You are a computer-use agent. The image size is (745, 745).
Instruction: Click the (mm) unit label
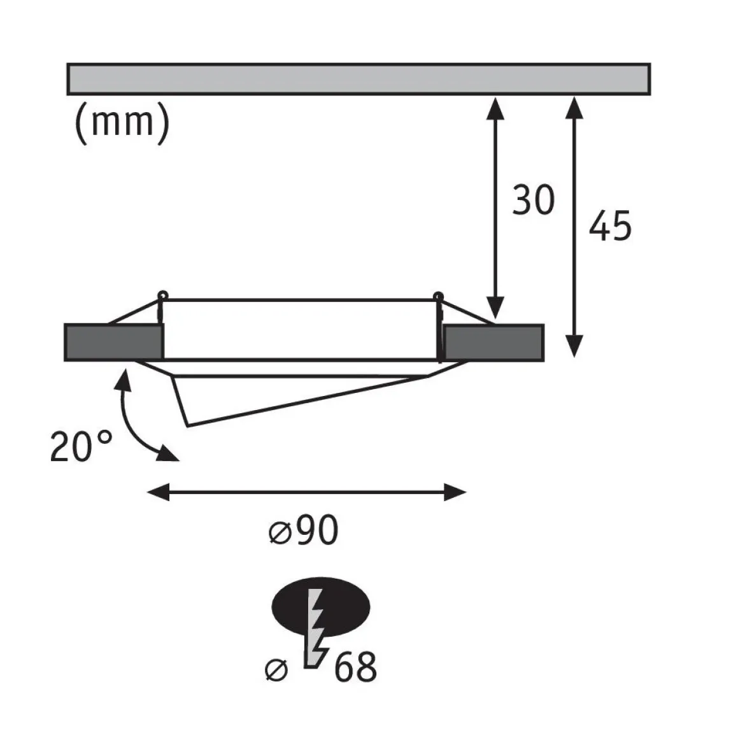click(x=122, y=122)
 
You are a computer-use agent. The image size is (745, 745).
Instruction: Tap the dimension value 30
click(x=533, y=199)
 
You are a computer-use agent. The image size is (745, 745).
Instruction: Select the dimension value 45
click(x=610, y=225)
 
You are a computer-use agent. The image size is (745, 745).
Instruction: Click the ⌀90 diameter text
click(x=303, y=530)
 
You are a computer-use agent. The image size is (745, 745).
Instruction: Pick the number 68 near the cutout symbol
click(x=355, y=667)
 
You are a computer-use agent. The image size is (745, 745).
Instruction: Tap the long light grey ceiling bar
click(x=358, y=79)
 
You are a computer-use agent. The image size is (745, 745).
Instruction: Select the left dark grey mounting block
click(x=113, y=343)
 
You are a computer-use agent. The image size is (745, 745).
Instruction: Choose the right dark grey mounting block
click(x=493, y=343)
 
